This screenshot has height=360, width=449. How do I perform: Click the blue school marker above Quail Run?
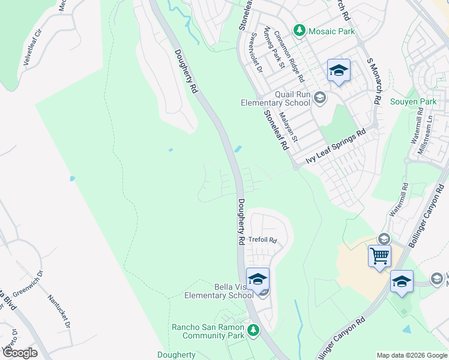point(339,71)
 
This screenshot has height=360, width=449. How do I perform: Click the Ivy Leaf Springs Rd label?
point(336,146)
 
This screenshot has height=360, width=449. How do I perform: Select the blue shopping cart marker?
point(379,257)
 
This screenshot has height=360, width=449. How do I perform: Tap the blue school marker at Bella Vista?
point(258,280)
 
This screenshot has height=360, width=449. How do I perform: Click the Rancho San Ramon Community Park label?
point(208,331)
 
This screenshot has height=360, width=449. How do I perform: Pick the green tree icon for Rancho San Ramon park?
point(253,329)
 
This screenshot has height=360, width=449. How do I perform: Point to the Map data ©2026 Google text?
point(411,355)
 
